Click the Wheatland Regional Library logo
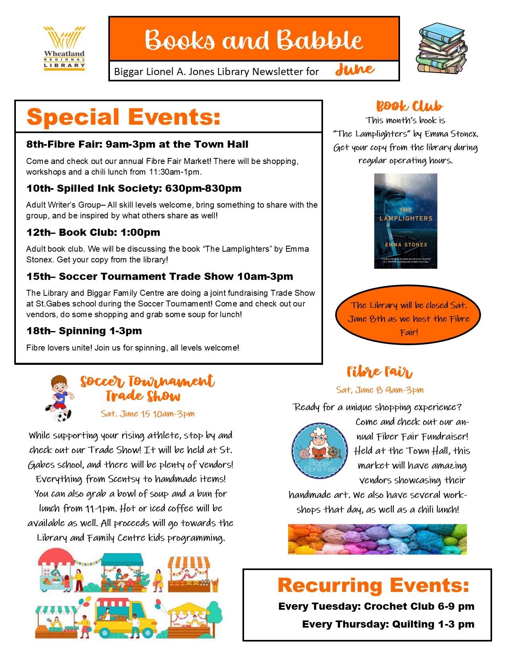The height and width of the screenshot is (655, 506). coord(64,48)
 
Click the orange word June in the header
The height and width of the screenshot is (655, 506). coord(354,70)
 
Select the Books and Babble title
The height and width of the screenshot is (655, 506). coord(254,40)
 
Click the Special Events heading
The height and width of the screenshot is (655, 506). coord(123,117)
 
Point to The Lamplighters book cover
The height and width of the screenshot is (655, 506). coord(405,221)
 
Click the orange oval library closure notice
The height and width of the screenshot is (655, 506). coord(408,318)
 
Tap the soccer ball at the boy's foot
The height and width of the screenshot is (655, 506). coord(63,416)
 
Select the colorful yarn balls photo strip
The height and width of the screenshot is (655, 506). coord(377,539)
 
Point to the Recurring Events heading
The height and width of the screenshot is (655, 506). coord(373,586)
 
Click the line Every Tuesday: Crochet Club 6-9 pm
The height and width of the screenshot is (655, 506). coord(376,606)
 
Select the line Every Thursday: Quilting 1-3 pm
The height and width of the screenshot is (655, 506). coord(388,624)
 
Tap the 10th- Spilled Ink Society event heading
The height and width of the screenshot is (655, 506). coord(134,188)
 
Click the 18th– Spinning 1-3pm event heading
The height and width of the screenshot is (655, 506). coord(84,331)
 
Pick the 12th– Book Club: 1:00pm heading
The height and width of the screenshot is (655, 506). coord(93,232)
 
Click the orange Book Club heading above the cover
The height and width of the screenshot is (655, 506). coord(409,106)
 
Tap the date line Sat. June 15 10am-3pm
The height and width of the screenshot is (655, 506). coord(148,414)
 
